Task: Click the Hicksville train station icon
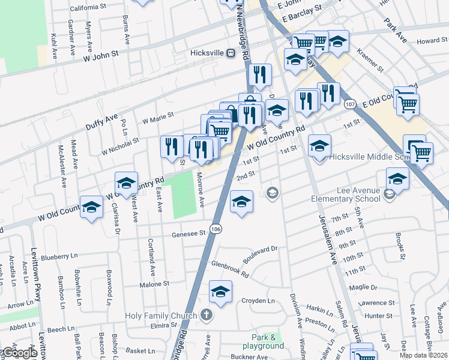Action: (x=229, y=53)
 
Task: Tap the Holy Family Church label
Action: (x=160, y=316)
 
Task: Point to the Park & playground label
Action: (x=263, y=341)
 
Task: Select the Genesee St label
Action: (x=184, y=234)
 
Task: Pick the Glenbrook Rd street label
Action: (x=229, y=267)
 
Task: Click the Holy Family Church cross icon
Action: (x=206, y=315)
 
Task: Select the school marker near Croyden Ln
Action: (x=221, y=292)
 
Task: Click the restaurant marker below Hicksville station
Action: (x=259, y=75)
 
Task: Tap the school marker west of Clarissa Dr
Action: (x=91, y=207)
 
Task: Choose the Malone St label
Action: (x=154, y=284)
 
